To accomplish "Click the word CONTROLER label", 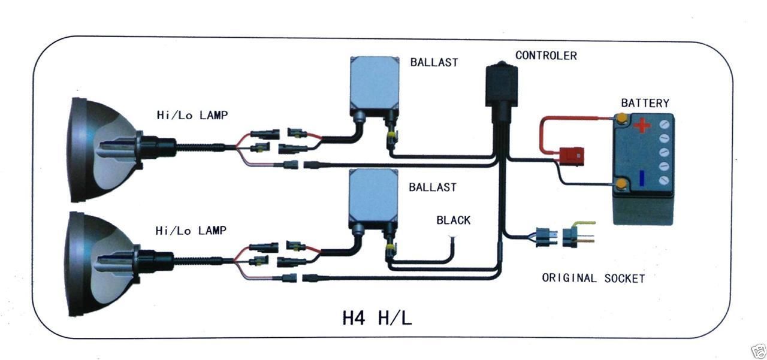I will (x=546, y=56).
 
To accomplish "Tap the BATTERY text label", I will (x=645, y=103).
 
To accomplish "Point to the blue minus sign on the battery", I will (x=642, y=178).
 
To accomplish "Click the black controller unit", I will (x=500, y=90).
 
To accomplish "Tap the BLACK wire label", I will (x=454, y=220).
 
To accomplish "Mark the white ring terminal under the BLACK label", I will (x=454, y=238).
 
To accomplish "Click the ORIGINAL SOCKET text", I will (x=593, y=278).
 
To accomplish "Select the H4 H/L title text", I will (x=377, y=317).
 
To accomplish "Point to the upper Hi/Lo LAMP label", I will (x=191, y=115).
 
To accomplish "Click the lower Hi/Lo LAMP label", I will (x=191, y=230).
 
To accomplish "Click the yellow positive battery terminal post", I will (x=623, y=117).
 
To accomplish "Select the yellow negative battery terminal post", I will (x=622, y=183).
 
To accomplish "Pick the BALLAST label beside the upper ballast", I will (x=434, y=62).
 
